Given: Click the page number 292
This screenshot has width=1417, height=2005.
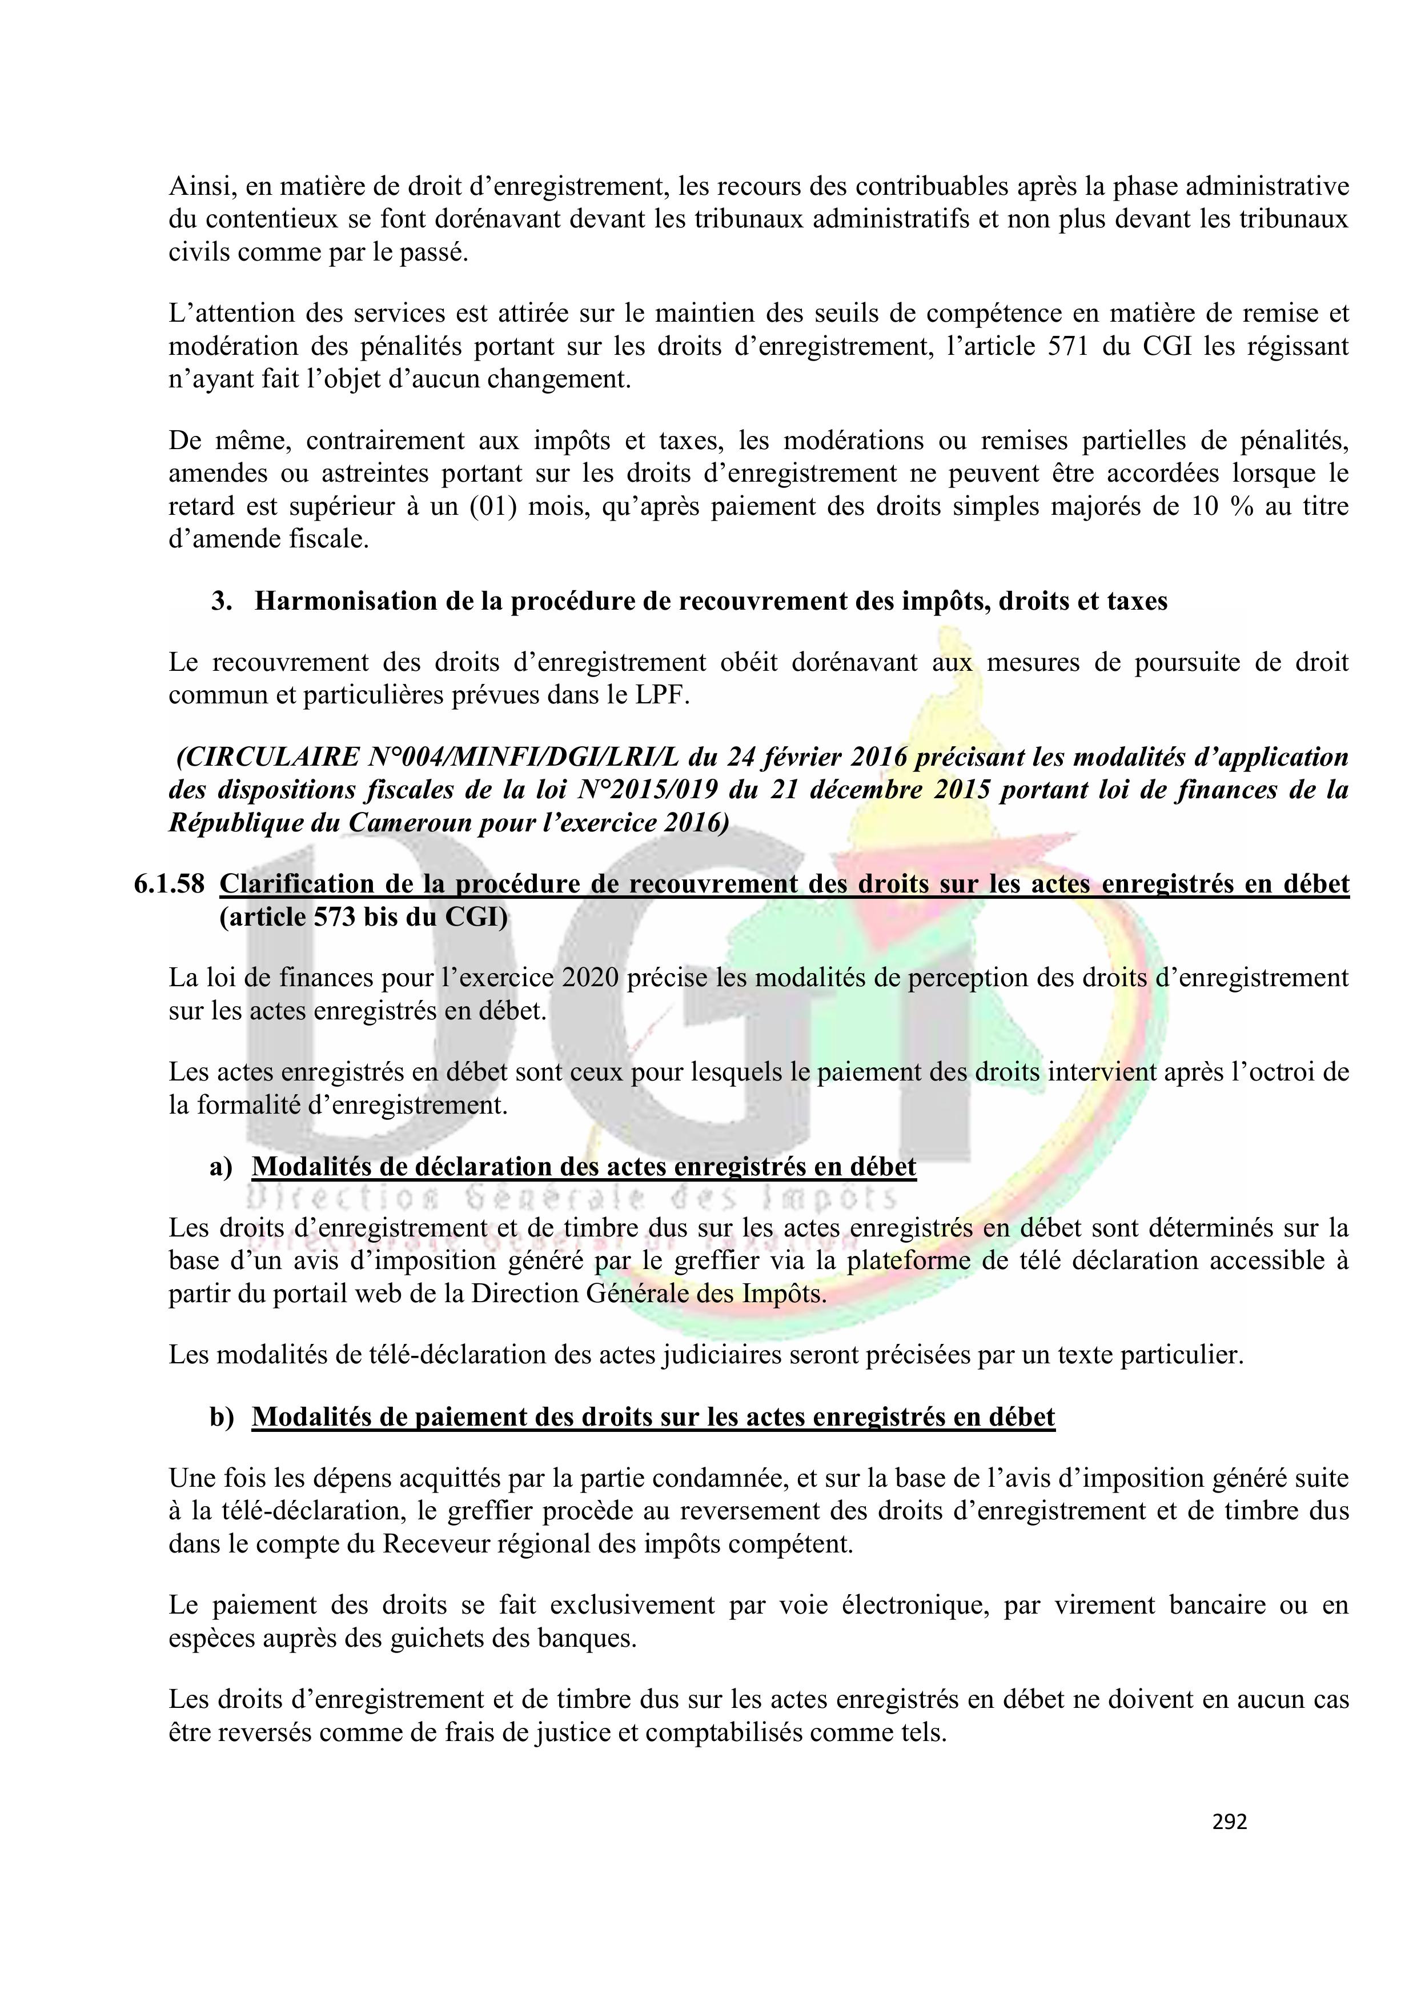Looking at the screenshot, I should [1229, 1822].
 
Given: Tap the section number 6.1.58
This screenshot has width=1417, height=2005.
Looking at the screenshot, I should [168, 885].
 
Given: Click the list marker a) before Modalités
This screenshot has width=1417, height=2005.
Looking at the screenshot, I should [221, 1167].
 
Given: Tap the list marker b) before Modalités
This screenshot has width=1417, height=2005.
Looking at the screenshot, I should [222, 1416].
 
